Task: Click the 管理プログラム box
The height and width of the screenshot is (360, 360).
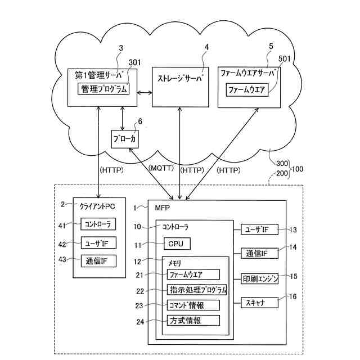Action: [104, 89]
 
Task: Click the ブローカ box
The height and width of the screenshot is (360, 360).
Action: [124, 138]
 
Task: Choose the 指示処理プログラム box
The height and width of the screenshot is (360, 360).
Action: [197, 290]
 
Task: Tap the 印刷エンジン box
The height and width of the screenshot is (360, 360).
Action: [260, 279]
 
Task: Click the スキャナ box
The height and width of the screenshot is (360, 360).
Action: [260, 303]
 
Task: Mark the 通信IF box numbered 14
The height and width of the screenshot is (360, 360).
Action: [260, 254]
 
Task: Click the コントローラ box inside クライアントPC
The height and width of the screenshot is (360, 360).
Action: [98, 224]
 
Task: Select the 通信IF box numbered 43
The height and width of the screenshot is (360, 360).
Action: [98, 260]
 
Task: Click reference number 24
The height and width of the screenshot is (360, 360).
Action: [141, 321]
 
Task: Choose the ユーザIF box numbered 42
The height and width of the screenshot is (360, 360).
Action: [98, 243]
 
